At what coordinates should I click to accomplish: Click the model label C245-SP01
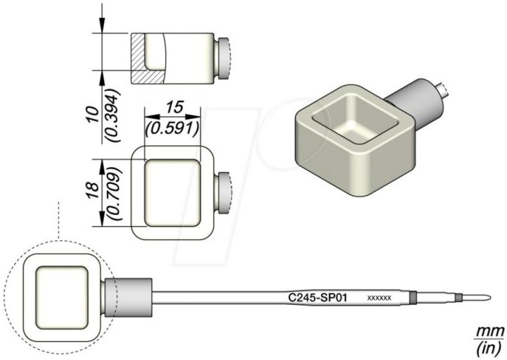(317, 297)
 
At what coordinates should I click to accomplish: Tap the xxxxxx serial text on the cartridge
(380, 297)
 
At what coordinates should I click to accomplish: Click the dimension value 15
(175, 107)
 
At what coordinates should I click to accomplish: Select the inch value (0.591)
(173, 129)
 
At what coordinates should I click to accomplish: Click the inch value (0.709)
(115, 193)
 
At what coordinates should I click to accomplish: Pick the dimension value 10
(92, 114)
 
